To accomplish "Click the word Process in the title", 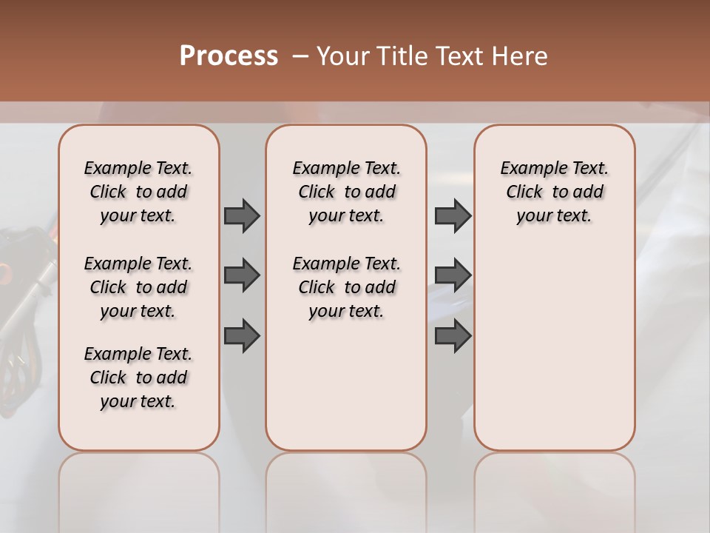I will click(229, 56).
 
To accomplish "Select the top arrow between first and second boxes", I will click(242, 215).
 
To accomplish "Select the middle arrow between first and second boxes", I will click(242, 275).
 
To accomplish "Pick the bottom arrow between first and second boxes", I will click(242, 335).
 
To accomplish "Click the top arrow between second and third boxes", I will click(453, 215).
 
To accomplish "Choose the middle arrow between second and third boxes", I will click(453, 275).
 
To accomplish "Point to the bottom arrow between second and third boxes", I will click(453, 335).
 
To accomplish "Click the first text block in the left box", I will click(138, 192).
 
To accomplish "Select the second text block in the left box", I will click(138, 287).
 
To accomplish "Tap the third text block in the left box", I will click(138, 378).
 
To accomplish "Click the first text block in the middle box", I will click(346, 192).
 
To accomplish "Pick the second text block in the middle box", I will click(346, 287).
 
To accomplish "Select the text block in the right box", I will click(554, 192).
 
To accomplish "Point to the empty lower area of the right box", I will click(554, 348).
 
